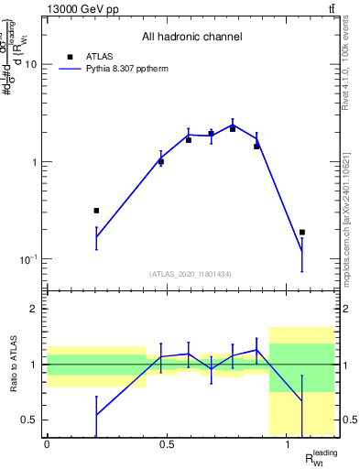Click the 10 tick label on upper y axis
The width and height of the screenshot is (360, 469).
[x=30, y=65]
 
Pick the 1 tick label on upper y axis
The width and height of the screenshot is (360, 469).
[x=33, y=162]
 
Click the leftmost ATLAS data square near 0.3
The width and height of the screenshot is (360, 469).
[x=96, y=211]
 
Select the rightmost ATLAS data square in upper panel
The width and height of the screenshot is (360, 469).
[x=302, y=233]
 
